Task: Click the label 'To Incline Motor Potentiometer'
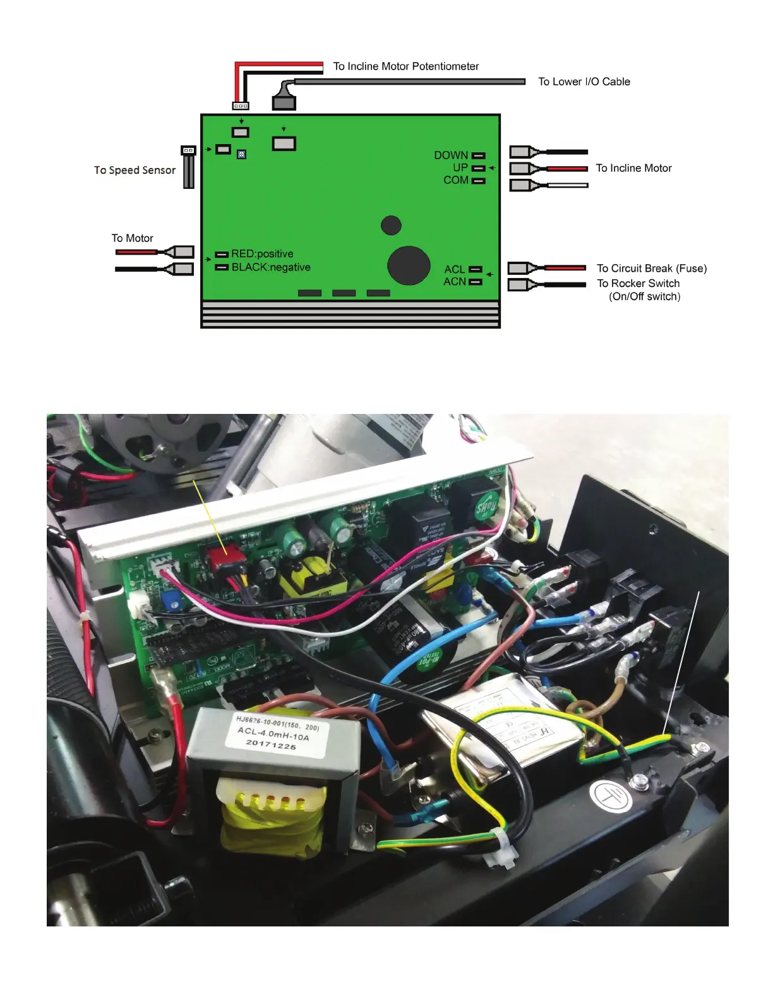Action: [405, 66]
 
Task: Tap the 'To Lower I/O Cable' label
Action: [584, 82]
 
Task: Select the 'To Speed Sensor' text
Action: [135, 170]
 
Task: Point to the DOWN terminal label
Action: [451, 155]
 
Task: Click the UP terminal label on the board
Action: [460, 167]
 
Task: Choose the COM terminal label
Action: [456, 180]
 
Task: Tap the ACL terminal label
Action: [455, 269]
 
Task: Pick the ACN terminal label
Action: [455, 282]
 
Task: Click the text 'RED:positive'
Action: [262, 254]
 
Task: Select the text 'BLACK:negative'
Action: [271, 267]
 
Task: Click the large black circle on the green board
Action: [409, 265]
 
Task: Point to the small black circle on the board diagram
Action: [392, 225]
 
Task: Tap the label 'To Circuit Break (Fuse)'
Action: [652, 269]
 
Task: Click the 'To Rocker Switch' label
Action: [638, 284]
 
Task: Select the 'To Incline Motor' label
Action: [633, 168]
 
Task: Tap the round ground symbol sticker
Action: [610, 797]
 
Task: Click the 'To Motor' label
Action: [133, 238]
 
